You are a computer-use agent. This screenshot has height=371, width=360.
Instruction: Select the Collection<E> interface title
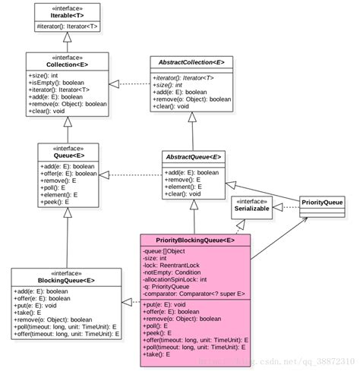tap(68, 66)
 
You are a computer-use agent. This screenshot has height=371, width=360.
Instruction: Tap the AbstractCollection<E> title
tap(192, 62)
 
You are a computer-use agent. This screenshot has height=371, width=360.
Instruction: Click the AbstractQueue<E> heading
tap(193, 157)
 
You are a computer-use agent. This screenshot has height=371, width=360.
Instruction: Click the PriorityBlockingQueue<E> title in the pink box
tap(195, 240)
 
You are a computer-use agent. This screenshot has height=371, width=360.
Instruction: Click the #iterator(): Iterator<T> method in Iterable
tap(67, 27)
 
